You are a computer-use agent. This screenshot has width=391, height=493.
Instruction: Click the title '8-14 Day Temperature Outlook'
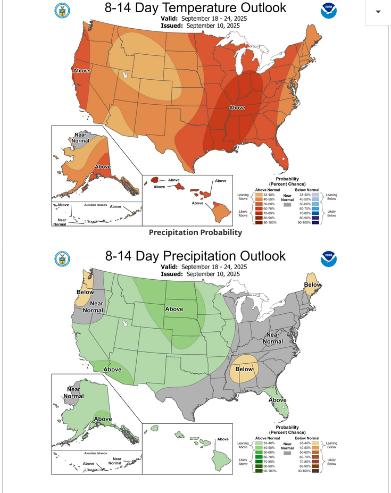tap(195, 8)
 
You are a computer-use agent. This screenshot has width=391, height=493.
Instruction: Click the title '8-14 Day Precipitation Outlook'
tap(195, 256)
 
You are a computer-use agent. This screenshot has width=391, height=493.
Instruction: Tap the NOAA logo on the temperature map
tap(328, 11)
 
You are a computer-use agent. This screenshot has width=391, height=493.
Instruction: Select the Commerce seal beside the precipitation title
tap(62, 259)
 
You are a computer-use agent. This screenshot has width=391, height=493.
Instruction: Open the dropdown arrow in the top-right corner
tap(378, 12)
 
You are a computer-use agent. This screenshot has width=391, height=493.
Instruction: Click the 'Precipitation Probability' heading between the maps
tap(195, 232)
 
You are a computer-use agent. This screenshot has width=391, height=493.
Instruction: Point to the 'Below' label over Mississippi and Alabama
tap(244, 369)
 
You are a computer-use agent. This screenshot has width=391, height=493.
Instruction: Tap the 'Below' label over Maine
tap(312, 285)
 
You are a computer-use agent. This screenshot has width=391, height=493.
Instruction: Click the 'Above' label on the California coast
tap(81, 70)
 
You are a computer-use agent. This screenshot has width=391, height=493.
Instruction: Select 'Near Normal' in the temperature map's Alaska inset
tap(80, 138)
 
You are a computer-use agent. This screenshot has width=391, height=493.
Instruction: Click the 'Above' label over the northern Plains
tap(174, 309)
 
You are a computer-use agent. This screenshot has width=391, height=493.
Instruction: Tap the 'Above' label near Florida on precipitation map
tap(277, 400)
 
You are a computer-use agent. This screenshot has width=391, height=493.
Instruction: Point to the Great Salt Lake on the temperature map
tap(126, 75)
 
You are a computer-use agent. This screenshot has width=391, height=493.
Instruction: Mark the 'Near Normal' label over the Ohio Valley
tap(272, 338)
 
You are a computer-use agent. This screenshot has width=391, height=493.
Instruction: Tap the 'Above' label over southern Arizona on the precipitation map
tap(112, 370)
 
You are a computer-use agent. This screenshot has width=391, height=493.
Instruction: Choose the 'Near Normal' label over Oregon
tap(93, 307)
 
